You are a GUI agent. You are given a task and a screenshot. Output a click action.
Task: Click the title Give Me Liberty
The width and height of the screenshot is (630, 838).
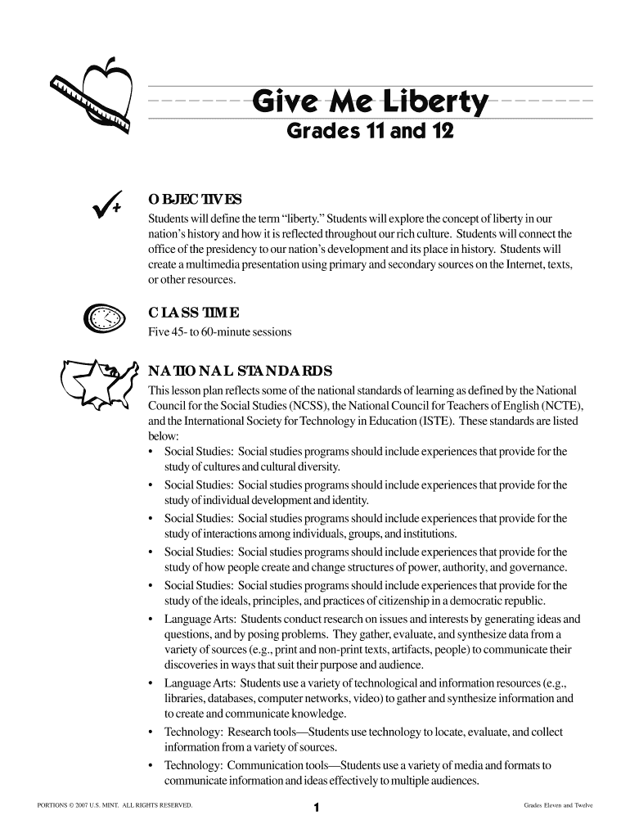point(371,104)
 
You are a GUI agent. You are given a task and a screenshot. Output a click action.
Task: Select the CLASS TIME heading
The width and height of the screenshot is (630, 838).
point(193,313)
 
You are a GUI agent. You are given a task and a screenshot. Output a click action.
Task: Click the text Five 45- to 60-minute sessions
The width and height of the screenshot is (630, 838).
point(219,332)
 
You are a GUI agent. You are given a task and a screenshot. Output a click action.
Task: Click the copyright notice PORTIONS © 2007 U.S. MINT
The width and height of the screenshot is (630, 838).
point(115,806)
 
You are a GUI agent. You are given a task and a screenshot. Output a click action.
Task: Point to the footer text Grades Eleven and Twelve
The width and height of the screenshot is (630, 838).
point(558,806)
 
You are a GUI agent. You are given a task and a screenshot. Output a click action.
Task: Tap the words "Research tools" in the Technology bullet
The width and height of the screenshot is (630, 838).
point(260,732)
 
